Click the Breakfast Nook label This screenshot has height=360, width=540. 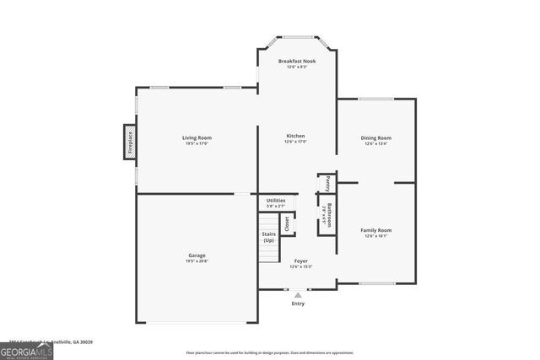coord(296,61)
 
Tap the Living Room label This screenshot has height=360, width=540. coord(197,137)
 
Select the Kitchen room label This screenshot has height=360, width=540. coord(295,136)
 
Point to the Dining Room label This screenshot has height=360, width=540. coord(377,137)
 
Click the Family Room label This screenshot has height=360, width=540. coord(376,229)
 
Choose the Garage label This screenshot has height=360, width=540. coord(197,255)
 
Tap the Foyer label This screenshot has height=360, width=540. coord(300,261)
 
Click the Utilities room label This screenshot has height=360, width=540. coord(276,200)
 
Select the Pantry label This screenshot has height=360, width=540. coord(324,182)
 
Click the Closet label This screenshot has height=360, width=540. coord(287,223)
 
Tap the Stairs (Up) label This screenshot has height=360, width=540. coord(268,237)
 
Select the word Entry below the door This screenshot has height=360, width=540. coord(298,304)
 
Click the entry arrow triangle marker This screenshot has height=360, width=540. coord(298,295)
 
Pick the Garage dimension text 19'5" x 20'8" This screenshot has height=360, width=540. coord(197,261)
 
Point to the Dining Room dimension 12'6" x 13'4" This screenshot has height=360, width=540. coord(377,144)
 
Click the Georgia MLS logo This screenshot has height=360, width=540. coord(26,350)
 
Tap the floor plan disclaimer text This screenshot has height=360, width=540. coord(270,353)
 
